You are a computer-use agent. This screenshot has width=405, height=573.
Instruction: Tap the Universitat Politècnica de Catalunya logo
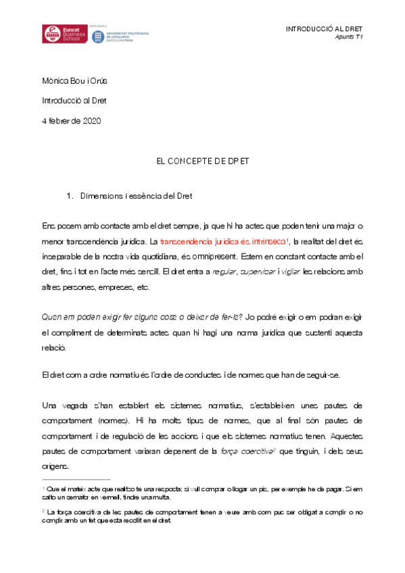coord(120,36)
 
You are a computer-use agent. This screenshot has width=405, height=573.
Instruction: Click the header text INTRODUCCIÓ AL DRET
coord(325,29)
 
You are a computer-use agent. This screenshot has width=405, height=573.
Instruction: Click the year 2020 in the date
coord(91,121)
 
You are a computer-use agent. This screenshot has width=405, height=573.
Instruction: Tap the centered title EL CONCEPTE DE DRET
coord(202,163)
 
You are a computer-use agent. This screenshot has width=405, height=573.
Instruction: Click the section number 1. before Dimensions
coord(70,197)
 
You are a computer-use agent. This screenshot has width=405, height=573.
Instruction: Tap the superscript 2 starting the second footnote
coord(43,511)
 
